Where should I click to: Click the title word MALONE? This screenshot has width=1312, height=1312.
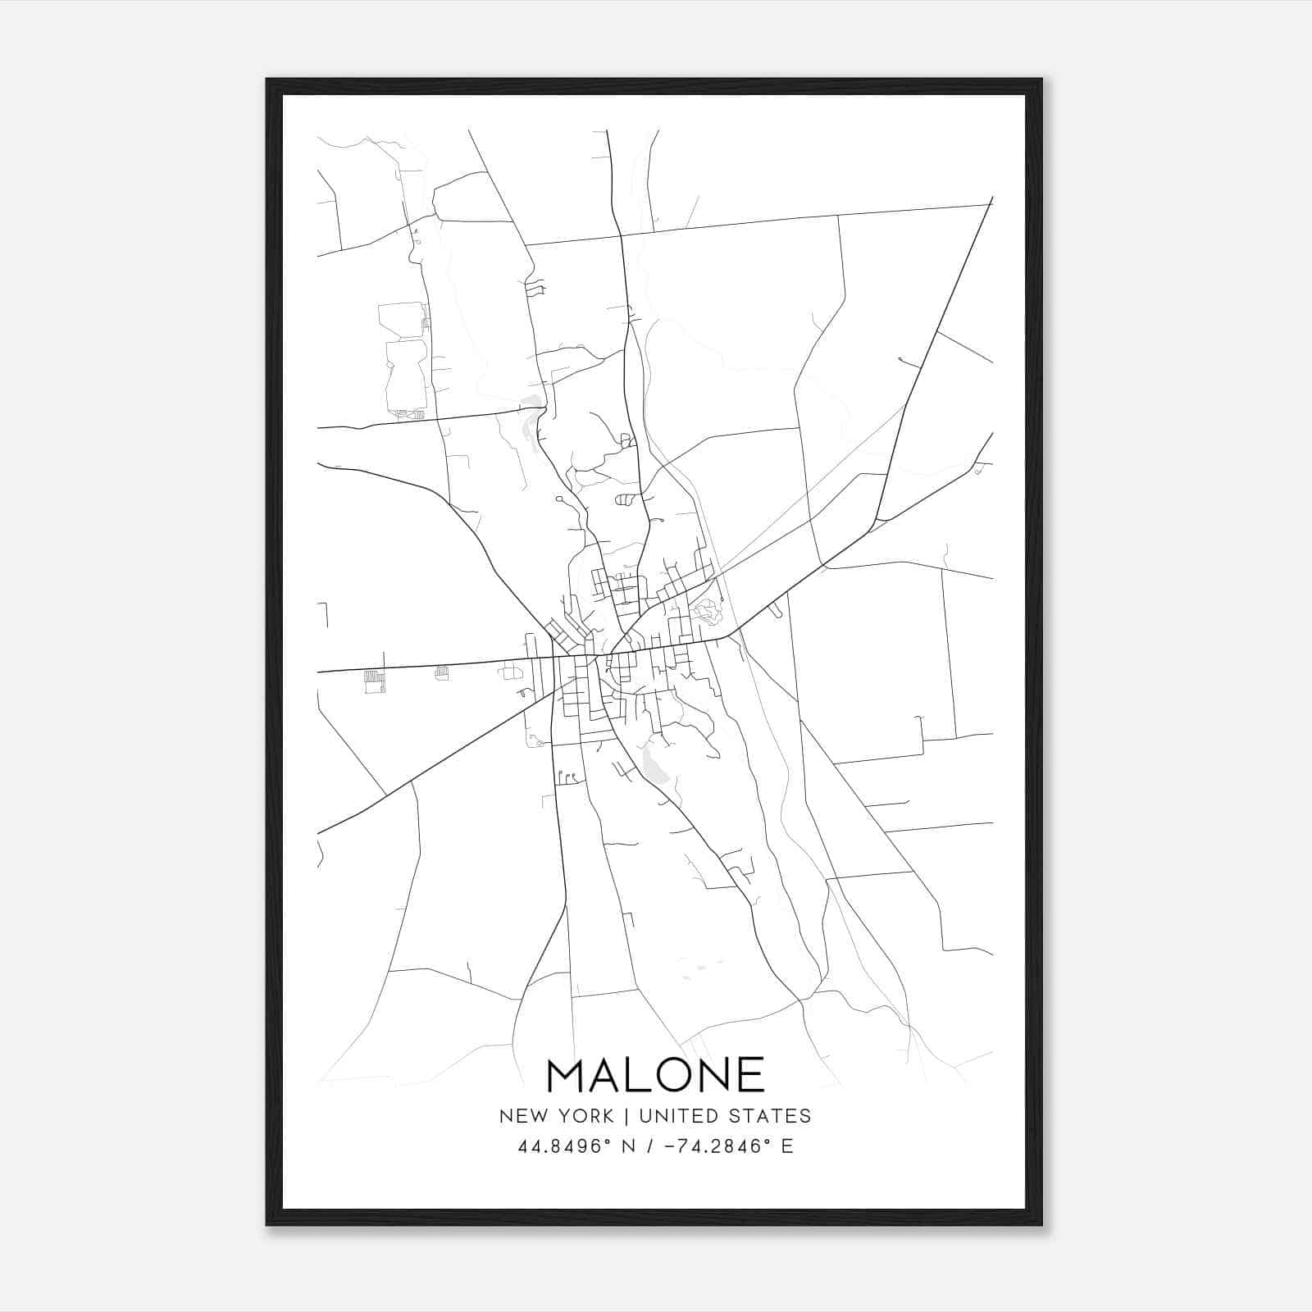(x=655, y=1075)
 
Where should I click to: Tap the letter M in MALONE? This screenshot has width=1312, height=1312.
(x=565, y=1075)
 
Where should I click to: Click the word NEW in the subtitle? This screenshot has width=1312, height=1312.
(x=519, y=1116)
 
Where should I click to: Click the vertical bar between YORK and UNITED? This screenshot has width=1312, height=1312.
(x=626, y=1116)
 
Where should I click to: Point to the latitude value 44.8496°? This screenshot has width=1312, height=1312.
(x=566, y=1146)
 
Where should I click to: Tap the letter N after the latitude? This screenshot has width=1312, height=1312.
(x=631, y=1146)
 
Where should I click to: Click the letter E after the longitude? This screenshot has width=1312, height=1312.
(x=787, y=1146)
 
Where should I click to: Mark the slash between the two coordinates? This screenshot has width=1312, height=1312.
(x=650, y=1146)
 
